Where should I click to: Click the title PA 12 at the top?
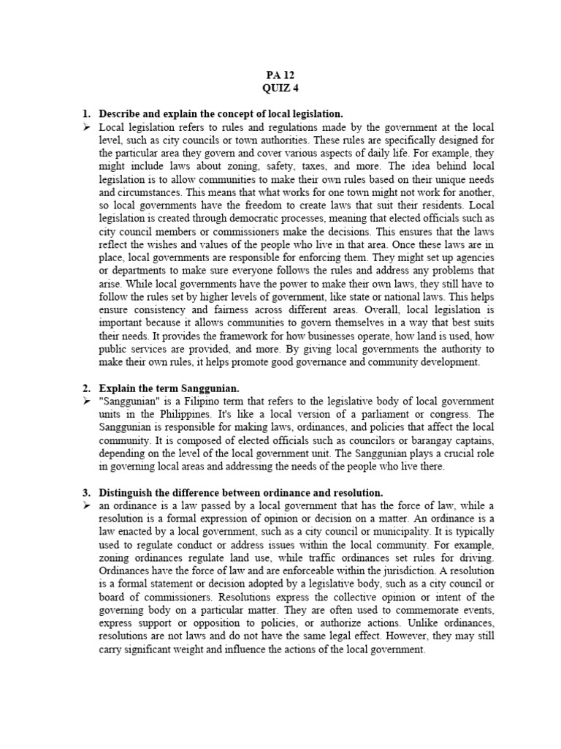tap(280, 75)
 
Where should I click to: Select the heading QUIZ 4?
tap(280, 89)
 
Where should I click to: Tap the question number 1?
tap(85, 114)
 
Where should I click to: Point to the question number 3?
tap(85, 493)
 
